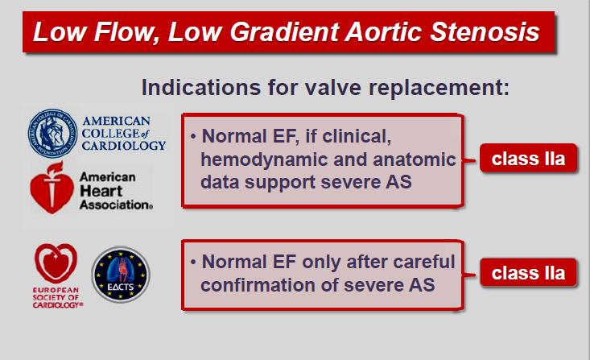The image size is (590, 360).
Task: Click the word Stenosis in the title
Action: (485, 31)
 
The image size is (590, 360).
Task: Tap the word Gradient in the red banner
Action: (284, 31)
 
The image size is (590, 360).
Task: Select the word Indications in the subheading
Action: (201, 87)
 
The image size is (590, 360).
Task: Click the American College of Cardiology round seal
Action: (52, 134)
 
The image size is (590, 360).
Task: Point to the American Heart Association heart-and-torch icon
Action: (52, 188)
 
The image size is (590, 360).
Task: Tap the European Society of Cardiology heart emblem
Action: (56, 263)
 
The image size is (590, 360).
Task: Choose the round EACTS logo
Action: (121, 275)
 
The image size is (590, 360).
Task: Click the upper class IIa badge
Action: (528, 159)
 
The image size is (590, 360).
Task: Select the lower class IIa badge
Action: (528, 273)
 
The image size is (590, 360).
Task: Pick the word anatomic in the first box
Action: (415, 159)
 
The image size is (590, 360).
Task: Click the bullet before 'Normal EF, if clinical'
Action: (193, 136)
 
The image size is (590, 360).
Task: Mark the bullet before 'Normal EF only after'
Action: (193, 262)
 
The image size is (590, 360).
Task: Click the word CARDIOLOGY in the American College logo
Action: (124, 145)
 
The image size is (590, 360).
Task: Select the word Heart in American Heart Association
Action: (101, 191)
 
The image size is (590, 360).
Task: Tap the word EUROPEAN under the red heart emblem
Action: (56, 290)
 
